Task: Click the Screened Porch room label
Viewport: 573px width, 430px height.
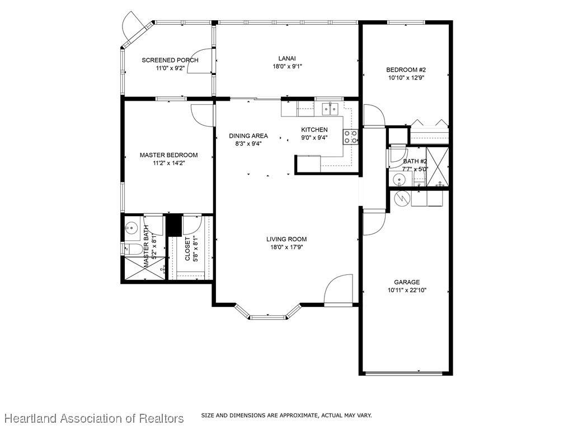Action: pos(170,60)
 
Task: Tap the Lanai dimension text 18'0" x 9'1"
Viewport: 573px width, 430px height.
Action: pos(287,67)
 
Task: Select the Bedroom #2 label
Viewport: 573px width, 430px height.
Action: pos(406,69)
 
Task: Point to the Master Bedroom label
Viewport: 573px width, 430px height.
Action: pos(169,155)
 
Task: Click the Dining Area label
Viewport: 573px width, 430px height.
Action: pos(248,135)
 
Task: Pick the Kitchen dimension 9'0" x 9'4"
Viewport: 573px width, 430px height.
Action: pos(314,138)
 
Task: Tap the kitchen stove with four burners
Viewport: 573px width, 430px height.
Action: pos(350,137)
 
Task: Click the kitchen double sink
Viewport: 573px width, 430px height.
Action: pos(330,109)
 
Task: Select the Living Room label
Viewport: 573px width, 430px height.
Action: pos(286,239)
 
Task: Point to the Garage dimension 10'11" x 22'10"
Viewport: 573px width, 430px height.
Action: pos(407,291)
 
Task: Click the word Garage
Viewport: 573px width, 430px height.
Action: pos(407,282)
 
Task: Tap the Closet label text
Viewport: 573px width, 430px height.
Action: pos(187,249)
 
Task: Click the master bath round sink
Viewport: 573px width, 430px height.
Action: pos(130,228)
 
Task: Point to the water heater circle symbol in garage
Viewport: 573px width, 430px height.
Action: pos(403,199)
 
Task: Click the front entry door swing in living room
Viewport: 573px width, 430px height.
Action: pos(339,289)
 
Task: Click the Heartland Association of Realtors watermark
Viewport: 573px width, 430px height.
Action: pos(94,418)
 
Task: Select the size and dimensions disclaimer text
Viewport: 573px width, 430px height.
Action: pos(286,415)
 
